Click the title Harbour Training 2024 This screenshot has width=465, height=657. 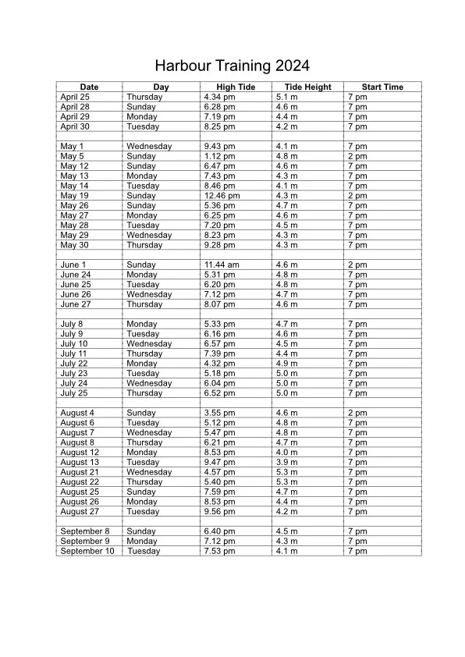tap(232, 66)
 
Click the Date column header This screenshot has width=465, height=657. tap(89, 87)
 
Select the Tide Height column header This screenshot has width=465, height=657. tap(307, 87)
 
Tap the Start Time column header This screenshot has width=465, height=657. tap(382, 87)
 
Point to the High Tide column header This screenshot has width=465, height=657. tap(236, 87)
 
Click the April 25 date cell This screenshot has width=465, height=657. tap(74, 97)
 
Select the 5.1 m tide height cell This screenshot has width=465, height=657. tap(287, 97)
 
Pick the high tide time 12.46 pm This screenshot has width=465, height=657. tap(222, 196)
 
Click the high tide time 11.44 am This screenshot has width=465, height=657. tap(222, 265)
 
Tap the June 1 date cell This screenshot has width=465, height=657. tap(73, 265)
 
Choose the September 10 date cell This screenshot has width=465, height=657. tap(87, 551)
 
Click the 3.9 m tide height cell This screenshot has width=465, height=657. tap(287, 462)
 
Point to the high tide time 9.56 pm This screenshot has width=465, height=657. tap(219, 512)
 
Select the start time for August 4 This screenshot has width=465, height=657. tap(357, 413)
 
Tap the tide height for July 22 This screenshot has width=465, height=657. tap(287, 364)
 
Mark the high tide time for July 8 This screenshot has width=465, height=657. tap(219, 324)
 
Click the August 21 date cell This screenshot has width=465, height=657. tap(80, 472)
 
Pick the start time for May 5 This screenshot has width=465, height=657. tap(357, 156)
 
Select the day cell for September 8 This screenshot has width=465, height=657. tap(141, 531)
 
